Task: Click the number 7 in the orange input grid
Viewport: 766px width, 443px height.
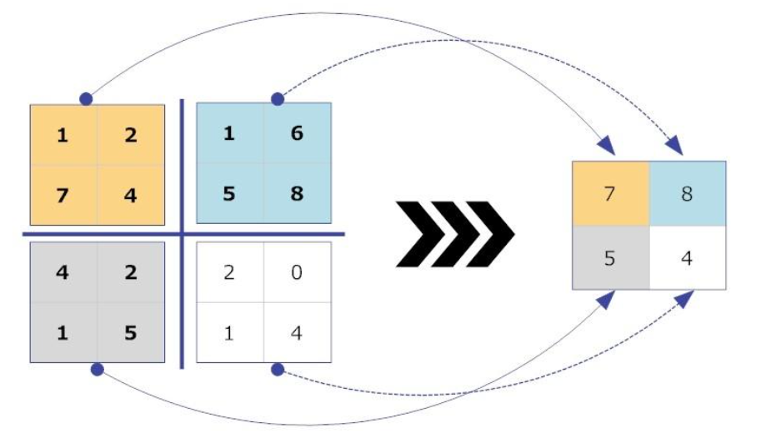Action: click(x=63, y=196)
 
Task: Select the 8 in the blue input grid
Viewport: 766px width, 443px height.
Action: click(x=298, y=194)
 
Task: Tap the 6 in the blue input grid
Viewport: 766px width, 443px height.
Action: click(x=298, y=133)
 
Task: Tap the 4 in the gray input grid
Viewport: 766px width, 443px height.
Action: click(x=63, y=271)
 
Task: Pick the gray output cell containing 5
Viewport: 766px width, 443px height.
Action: click(x=610, y=257)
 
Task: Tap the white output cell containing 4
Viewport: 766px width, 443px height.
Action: click(x=687, y=257)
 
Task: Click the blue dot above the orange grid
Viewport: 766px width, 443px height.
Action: click(x=85, y=99)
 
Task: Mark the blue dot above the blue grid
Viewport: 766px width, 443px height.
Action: click(x=278, y=99)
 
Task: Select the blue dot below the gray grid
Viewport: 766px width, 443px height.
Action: click(x=97, y=367)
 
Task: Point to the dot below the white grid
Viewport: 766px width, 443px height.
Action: click(x=278, y=367)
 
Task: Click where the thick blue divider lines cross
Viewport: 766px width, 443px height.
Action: click(x=183, y=234)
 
